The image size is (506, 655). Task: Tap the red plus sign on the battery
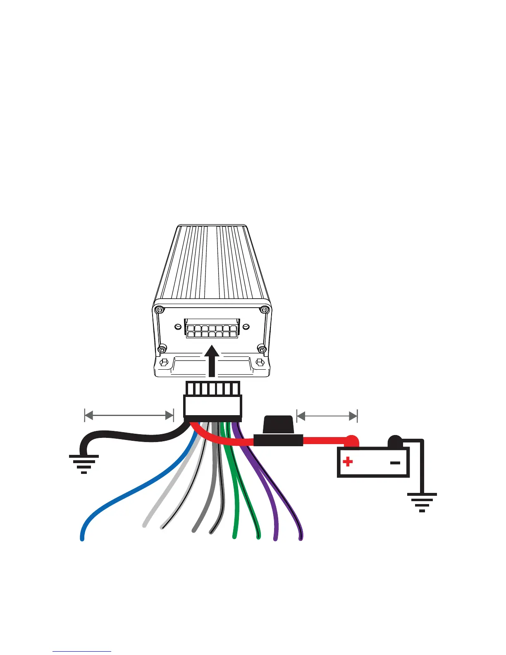tap(348, 461)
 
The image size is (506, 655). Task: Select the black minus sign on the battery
tap(395, 463)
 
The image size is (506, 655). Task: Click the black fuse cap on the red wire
tap(278, 424)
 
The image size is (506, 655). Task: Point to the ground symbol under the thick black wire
tap(84, 464)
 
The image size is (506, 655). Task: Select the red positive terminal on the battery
tap(351, 441)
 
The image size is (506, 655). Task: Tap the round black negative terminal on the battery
tap(395, 441)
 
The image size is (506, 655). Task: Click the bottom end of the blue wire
tap(82, 538)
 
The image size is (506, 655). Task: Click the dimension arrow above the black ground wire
tap(129, 416)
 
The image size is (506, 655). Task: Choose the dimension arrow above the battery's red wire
tap(327, 416)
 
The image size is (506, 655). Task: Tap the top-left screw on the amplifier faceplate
tap(160, 310)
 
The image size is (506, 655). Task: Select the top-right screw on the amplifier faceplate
tap(264, 309)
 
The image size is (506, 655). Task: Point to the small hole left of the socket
tap(178, 327)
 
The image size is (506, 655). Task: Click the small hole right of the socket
tap(246, 327)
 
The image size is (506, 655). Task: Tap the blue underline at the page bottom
tap(82, 651)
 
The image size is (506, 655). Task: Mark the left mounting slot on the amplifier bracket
tap(164, 363)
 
